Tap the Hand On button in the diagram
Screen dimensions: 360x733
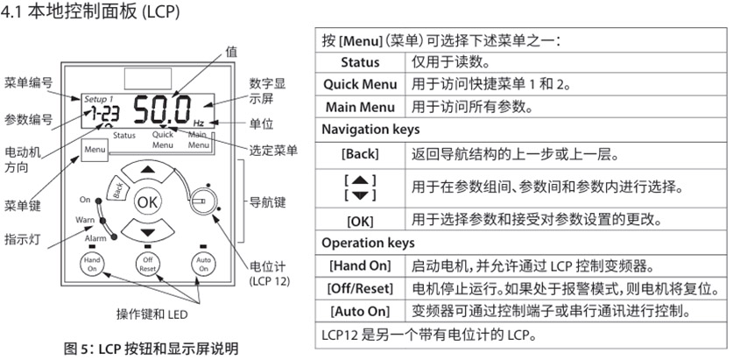pyautogui.click(x=92, y=265)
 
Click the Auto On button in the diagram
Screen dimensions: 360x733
pyautogui.click(x=203, y=265)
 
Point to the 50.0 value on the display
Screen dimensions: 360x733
pyautogui.click(x=162, y=110)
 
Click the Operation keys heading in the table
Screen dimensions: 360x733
pyautogui.click(x=368, y=243)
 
